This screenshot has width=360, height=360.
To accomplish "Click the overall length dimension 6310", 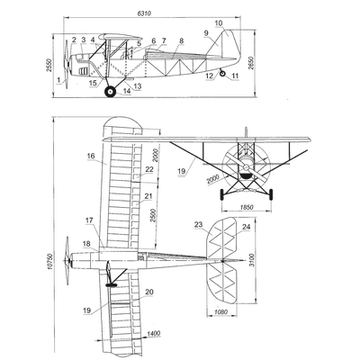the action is tap(144, 13).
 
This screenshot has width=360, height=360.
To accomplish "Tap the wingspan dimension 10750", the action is tap(50, 262).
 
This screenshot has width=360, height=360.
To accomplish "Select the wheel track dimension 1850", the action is tap(247, 207).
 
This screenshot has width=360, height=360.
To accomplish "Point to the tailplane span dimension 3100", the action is tap(252, 260).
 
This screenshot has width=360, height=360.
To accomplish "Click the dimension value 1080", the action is tap(221, 312).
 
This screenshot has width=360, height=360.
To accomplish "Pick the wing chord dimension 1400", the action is tap(154, 333).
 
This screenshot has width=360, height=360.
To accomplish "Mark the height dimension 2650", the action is tap(252, 63).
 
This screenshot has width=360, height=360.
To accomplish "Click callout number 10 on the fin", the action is tap(219, 23).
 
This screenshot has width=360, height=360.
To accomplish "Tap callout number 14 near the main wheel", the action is tap(127, 91).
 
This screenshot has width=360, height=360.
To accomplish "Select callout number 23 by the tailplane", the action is tap(199, 224).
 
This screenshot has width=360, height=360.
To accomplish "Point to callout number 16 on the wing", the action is tap(91, 156).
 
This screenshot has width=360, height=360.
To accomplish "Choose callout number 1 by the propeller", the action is tap(58, 80).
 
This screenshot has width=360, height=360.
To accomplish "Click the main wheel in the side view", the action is tap(110, 92).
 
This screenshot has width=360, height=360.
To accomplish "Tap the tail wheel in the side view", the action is tap(222, 73).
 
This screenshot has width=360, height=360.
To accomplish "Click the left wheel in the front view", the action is tap(222, 194).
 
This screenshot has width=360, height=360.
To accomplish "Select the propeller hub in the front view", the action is tap(246, 166).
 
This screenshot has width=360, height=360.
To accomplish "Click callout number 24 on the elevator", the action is tap(246, 227).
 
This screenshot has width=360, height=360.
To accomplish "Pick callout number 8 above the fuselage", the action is tap(181, 41).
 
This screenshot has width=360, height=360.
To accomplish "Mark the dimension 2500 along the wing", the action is tap(153, 215).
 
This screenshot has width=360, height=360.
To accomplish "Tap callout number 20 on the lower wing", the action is tap(149, 292).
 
